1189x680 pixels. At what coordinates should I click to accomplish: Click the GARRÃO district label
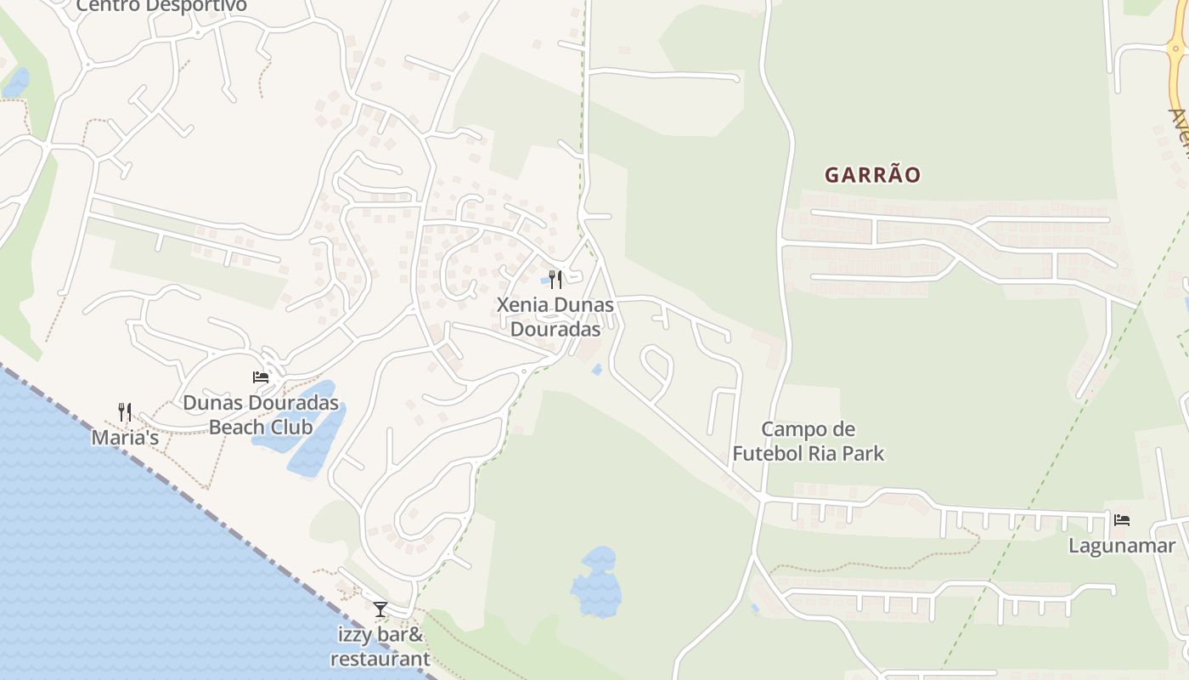[x=872, y=175]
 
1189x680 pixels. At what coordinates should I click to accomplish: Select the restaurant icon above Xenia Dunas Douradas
[x=555, y=279]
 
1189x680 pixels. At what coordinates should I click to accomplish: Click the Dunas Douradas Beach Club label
[x=261, y=414]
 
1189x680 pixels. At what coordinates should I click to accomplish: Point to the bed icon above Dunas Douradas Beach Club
[x=261, y=377]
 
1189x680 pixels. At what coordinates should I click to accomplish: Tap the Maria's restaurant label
[x=125, y=439]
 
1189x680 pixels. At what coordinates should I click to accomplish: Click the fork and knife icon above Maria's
[x=125, y=412]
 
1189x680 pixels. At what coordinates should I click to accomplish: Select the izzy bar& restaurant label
[x=380, y=646]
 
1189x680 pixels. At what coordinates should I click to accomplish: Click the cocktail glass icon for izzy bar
[x=380, y=609]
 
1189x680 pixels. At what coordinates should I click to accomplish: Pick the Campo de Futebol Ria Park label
[x=808, y=441]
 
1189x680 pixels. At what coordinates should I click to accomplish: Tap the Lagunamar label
[x=1121, y=546]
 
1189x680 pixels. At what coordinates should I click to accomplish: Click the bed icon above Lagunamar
[x=1121, y=519]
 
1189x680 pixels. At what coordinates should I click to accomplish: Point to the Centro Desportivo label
[x=161, y=6]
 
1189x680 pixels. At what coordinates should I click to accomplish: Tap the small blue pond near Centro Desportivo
[x=15, y=83]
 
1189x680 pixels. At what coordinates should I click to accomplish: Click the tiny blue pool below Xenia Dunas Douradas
[x=597, y=370]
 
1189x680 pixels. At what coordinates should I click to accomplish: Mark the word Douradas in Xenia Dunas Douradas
[x=555, y=329]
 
